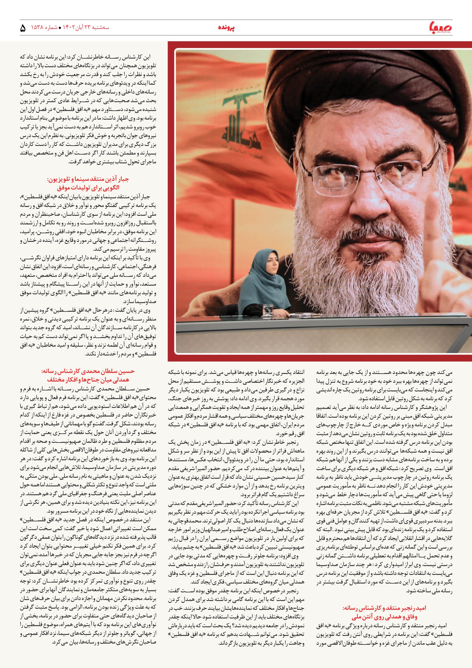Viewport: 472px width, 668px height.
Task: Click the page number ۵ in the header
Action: [23, 28]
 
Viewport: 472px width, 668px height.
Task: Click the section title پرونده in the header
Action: [226, 28]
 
